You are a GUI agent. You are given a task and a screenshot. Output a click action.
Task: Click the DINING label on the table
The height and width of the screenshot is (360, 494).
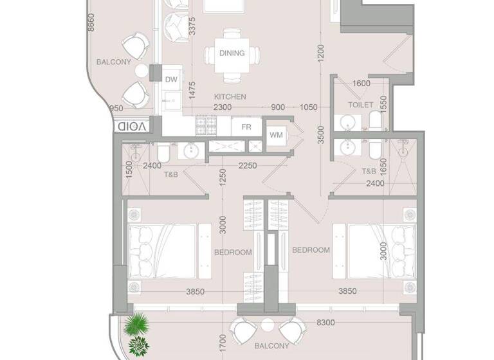pos(232,53)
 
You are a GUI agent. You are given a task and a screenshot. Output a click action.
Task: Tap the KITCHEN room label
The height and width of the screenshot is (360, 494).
pos(230,96)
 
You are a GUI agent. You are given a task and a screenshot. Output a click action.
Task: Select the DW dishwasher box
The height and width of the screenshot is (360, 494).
pos(171,80)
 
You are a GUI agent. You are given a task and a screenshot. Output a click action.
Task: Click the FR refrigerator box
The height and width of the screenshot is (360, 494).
pos(246,127)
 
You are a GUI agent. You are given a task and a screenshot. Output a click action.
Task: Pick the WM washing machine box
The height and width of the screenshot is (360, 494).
pos(276,135)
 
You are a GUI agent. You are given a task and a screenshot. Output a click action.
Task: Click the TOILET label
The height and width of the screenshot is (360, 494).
pos(361,104)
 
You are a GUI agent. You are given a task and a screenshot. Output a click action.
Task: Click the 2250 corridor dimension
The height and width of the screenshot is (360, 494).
pos(248,165)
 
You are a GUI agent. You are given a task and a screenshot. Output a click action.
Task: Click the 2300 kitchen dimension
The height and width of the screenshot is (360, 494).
pos(223,107)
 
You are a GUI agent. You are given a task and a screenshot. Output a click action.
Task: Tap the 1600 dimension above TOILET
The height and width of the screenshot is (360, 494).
pos(361,84)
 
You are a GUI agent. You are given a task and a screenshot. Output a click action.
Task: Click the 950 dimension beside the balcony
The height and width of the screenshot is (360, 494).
pos(116,108)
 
